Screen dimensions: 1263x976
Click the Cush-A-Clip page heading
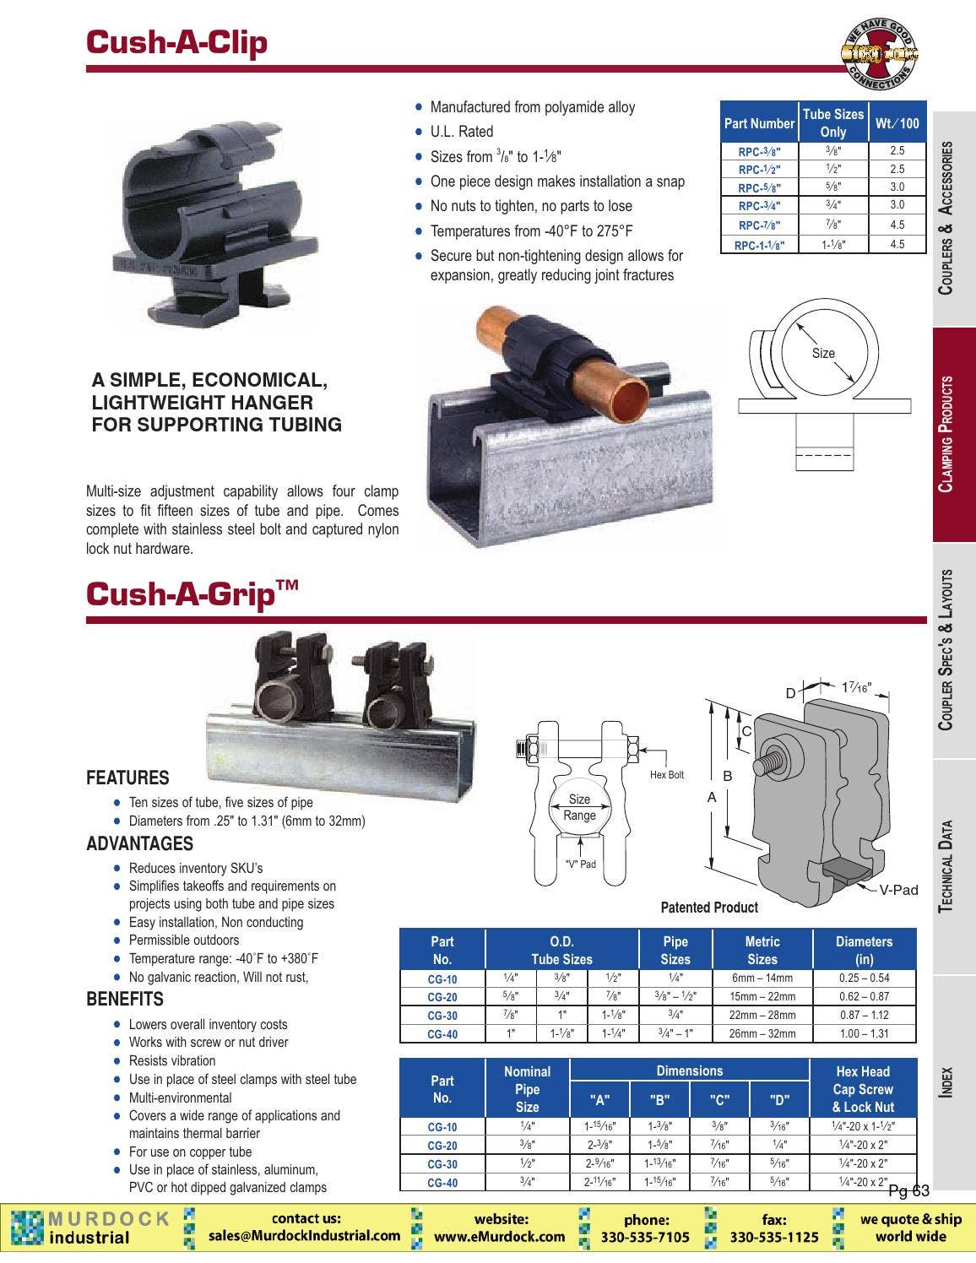pyautogui.click(x=176, y=42)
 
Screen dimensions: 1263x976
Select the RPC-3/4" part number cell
pyautogui.click(x=759, y=206)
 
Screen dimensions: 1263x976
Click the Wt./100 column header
pyautogui.click(x=897, y=123)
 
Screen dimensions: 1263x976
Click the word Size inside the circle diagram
pyautogui.click(x=823, y=354)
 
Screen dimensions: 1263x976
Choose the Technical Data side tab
pyautogui.click(x=952, y=865)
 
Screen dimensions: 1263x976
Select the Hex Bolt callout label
pyautogui.click(x=667, y=774)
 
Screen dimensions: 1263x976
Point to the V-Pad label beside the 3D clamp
pyautogui.click(x=898, y=890)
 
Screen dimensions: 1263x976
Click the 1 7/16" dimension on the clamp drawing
pyautogui.click(x=855, y=688)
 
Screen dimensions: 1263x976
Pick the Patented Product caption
pyautogui.click(x=709, y=908)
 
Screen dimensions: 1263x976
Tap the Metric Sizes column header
pyautogui.click(x=762, y=950)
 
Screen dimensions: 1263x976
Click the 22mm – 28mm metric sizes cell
pyautogui.click(x=762, y=1015)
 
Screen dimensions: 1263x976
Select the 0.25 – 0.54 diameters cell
pyautogui.click(x=864, y=978)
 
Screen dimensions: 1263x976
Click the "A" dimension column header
pyautogui.click(x=599, y=1099)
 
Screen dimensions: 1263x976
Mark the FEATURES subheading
pyautogui.click(x=127, y=778)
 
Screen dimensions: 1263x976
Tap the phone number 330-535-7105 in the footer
pyautogui.click(x=645, y=1237)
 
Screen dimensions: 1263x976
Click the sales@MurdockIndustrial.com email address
pyautogui.click(x=305, y=1235)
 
